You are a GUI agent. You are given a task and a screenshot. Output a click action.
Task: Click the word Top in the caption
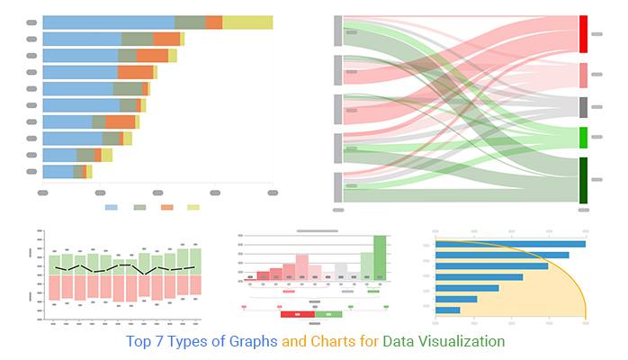coord(138,341)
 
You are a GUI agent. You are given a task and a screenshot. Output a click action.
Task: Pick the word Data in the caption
coord(399,341)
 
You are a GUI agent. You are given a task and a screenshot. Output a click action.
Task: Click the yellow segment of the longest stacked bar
coord(247,22)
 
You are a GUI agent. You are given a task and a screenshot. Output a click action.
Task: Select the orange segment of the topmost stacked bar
coord(213,22)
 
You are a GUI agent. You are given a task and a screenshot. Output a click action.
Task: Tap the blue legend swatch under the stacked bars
coord(112,208)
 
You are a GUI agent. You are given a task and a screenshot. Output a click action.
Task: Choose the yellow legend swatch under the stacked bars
coord(193,208)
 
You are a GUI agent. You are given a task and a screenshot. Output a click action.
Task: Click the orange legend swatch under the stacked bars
coord(166,208)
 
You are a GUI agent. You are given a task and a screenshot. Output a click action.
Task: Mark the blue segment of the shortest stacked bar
coord(58,171)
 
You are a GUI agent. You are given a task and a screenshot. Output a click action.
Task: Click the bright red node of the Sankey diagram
coord(583,33)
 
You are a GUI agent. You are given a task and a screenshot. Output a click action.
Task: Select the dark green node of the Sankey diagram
coord(583,180)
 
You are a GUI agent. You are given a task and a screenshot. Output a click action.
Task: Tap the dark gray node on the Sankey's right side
coord(583,107)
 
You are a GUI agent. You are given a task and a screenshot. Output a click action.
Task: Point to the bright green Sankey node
coord(583,138)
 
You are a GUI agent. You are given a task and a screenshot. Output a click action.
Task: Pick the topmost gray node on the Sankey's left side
coord(338,30)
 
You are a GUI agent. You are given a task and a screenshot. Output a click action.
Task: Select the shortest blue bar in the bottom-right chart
coord(447,310)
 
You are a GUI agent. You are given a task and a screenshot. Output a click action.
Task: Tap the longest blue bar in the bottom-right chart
coord(510,243)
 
